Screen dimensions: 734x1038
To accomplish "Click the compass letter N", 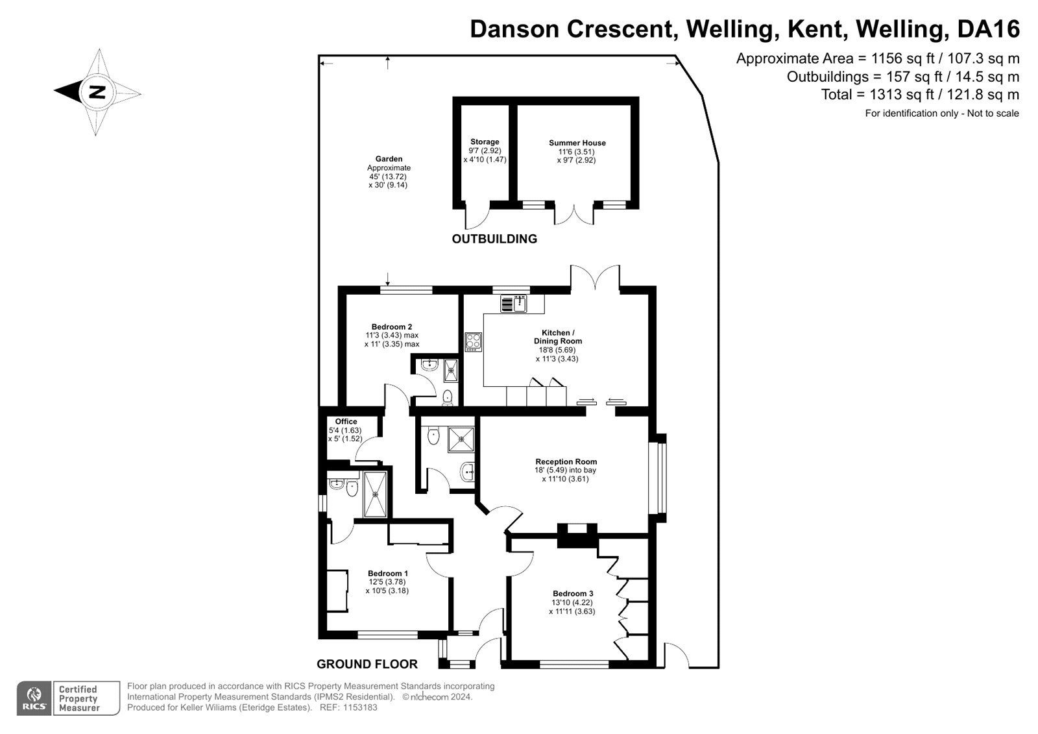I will [97, 92].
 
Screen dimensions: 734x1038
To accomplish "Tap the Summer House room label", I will [577, 143].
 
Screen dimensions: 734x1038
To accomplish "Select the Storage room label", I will [485, 141].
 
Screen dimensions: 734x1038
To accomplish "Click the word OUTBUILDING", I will [494, 239].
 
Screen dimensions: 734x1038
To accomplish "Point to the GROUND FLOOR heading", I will [367, 664].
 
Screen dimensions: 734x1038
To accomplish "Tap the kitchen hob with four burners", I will [473, 341].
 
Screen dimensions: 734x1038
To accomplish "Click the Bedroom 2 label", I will [391, 327].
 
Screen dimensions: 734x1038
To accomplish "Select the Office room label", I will [346, 422].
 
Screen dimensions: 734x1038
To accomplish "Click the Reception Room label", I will [566, 462].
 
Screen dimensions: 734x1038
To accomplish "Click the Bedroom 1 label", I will [387, 573].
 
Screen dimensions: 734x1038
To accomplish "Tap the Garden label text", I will [389, 159].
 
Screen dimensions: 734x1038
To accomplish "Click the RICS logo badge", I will [33, 698].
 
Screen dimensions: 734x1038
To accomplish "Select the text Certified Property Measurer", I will [79, 698].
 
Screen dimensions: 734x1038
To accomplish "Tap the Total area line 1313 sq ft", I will [920, 95].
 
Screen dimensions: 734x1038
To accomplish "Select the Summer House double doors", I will [574, 214].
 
